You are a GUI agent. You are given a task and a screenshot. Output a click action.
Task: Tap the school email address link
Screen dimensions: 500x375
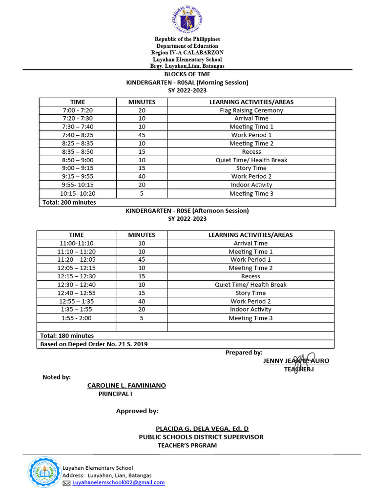pyautogui.click(x=118, y=482)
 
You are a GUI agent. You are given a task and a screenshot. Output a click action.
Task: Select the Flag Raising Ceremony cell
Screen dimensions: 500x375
pyautogui.click(x=251, y=110)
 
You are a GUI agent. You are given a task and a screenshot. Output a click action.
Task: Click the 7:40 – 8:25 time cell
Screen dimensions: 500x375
pyautogui.click(x=78, y=135)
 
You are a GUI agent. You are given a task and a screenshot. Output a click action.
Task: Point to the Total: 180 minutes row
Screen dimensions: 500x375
pyautogui.click(x=67, y=335)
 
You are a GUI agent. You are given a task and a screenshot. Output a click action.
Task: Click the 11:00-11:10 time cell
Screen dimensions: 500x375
pyautogui.click(x=76, y=243)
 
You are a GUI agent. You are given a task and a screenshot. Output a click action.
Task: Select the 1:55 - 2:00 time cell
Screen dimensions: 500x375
pyautogui.click(x=76, y=318)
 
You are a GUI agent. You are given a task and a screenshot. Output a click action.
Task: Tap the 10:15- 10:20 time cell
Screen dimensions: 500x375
pyautogui.click(x=78, y=193)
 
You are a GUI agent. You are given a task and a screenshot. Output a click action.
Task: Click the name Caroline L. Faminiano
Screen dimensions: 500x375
pyautogui.click(x=126, y=386)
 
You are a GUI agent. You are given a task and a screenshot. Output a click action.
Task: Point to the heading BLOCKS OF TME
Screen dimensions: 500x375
pyautogui.click(x=187, y=74)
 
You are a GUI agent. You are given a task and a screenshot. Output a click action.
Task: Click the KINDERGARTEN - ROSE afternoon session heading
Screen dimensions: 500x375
pyautogui.click(x=187, y=210)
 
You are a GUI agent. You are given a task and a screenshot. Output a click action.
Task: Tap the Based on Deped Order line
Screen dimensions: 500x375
pyautogui.click(x=94, y=344)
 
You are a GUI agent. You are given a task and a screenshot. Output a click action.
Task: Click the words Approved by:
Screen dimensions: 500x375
pyautogui.click(x=137, y=411)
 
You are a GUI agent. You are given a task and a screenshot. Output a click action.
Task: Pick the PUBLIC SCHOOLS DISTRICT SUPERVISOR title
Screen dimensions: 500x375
pyautogui.click(x=201, y=437)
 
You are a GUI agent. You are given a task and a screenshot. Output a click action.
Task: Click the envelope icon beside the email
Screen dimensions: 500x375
pyautogui.click(x=67, y=483)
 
